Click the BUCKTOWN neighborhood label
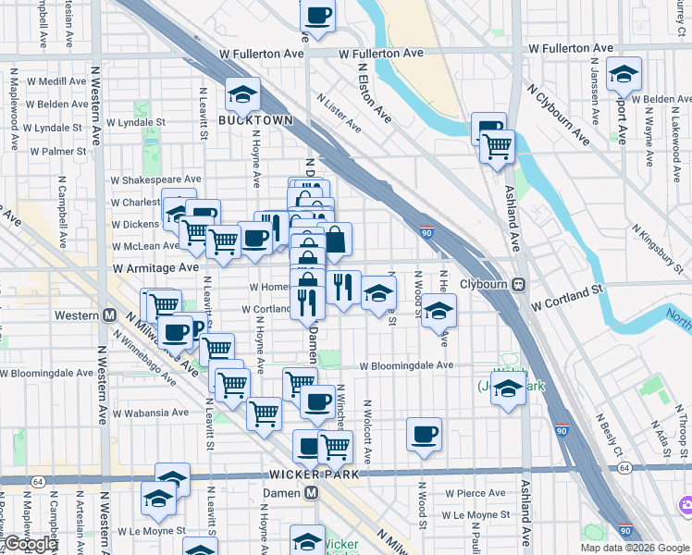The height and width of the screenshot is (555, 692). (256, 120)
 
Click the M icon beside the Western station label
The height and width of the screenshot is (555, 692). (110, 315)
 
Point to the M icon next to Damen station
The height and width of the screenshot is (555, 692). (312, 494)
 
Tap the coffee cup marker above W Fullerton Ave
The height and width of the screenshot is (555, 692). (317, 15)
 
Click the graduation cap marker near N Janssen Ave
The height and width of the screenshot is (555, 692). (624, 75)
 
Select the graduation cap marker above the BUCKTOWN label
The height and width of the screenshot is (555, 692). (242, 95)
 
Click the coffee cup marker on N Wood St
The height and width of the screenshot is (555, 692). (425, 434)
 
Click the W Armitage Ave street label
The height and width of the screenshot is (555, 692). (156, 267)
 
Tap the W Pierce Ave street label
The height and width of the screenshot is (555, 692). (473, 493)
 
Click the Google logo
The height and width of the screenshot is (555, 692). (31, 544)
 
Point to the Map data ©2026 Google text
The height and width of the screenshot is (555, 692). (635, 548)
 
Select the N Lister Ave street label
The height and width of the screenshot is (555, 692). (336, 109)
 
